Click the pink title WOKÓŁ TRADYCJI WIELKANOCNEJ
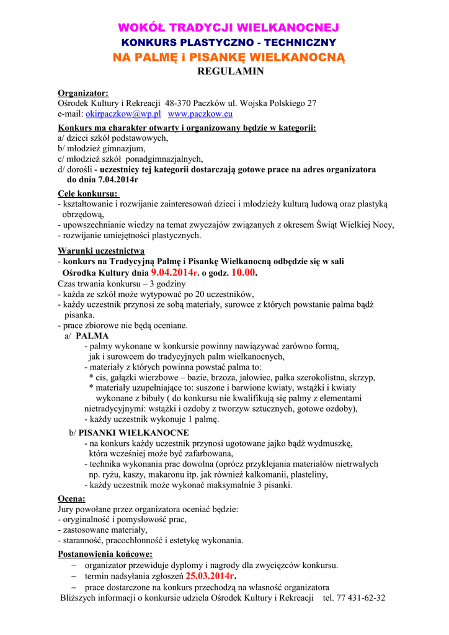tap(228, 28)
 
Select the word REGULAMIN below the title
tap(230, 71)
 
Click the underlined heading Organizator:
tap(83, 92)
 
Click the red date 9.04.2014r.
tap(174, 272)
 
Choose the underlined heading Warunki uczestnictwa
tap(101, 251)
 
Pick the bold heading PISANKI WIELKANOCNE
tap(134, 432)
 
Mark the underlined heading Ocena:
tap(71, 498)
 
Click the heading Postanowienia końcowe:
tap(105, 554)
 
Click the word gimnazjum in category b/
tap(124, 148)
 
